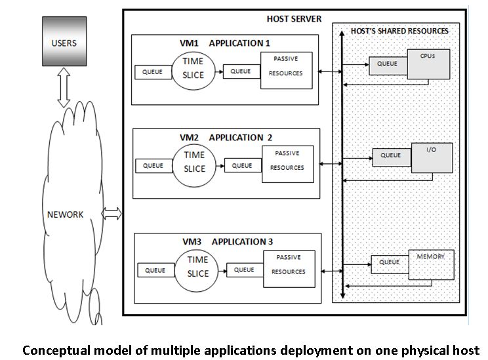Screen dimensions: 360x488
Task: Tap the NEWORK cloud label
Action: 66,214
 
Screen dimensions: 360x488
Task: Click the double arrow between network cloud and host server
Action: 112,213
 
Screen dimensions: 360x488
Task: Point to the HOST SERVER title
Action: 295,18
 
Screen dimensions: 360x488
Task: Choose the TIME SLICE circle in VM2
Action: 193,162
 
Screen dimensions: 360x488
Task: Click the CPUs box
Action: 428,64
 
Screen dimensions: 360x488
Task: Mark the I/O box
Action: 431,158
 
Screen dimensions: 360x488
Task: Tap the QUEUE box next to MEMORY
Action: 390,263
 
